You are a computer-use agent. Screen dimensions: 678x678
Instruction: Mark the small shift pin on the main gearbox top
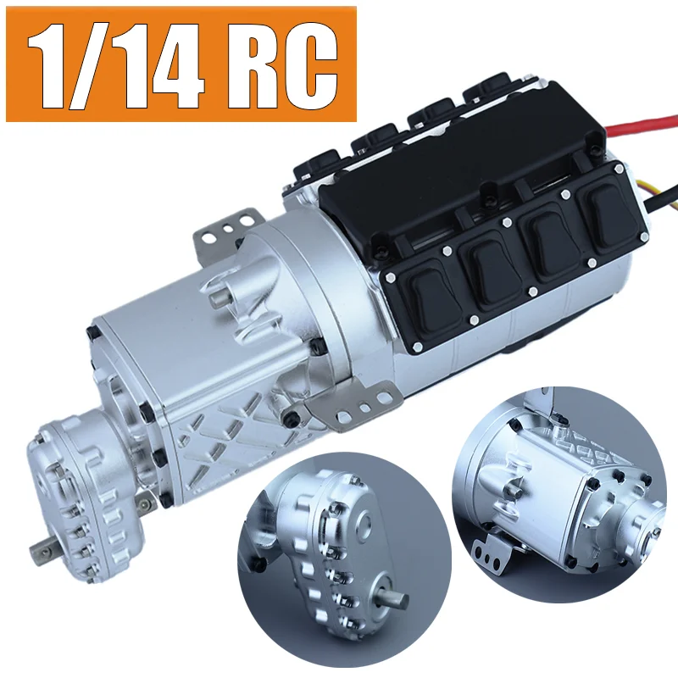(220, 292)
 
